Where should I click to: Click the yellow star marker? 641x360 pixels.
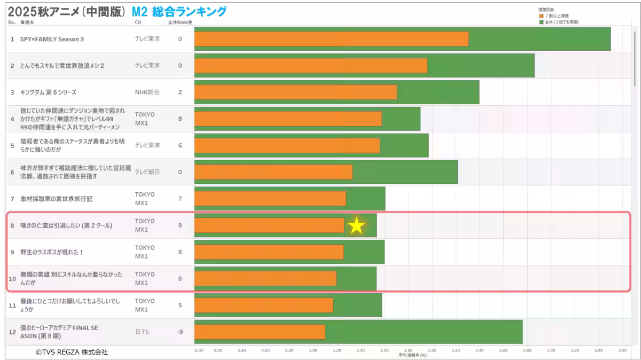pos(356,226)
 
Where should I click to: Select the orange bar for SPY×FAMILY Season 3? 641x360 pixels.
pos(331,39)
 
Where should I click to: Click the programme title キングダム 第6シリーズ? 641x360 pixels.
pos(48,92)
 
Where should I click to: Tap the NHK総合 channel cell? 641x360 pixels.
pos(147,92)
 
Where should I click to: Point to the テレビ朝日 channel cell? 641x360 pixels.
pos(147,172)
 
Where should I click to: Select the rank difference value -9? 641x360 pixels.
pos(180,332)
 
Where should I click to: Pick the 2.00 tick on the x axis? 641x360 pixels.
pos(432,350)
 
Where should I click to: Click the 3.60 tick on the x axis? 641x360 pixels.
pos(622,350)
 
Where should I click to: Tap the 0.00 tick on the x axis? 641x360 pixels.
pos(199,350)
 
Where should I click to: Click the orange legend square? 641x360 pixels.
pos(541,17)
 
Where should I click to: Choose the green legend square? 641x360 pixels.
pos(541,22)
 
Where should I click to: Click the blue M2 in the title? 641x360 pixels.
pos(139,11)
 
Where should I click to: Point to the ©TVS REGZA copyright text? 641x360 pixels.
pos(72,352)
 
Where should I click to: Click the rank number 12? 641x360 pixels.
pos(12,332)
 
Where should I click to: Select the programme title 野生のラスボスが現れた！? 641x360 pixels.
pos(52,252)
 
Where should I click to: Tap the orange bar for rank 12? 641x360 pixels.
pos(260,332)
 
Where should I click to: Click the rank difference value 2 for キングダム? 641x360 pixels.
pos(180,92)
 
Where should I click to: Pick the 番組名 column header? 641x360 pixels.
pos(27,22)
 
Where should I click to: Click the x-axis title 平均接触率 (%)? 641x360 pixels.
pos(412,355)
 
